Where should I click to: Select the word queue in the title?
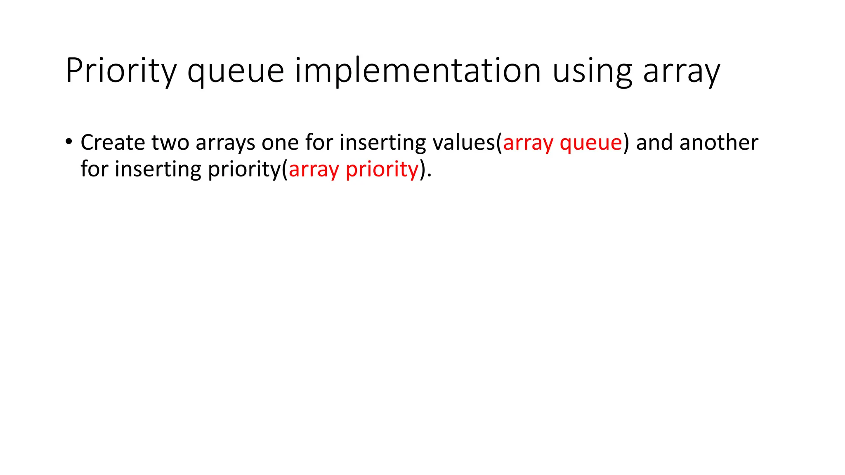[236, 71]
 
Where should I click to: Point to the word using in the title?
[592, 71]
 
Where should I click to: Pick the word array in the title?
[681, 71]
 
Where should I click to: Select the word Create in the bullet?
[113, 142]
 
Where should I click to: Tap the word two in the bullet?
[170, 142]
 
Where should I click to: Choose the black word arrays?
[225, 143]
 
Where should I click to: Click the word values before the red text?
[464, 142]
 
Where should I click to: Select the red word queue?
[591, 143]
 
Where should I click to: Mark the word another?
[719, 142]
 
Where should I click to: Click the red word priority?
[382, 169]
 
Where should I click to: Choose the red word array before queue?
[528, 143]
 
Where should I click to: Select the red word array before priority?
[314, 169]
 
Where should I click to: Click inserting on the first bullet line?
[383, 142]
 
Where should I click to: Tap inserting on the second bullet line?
[158, 169]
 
